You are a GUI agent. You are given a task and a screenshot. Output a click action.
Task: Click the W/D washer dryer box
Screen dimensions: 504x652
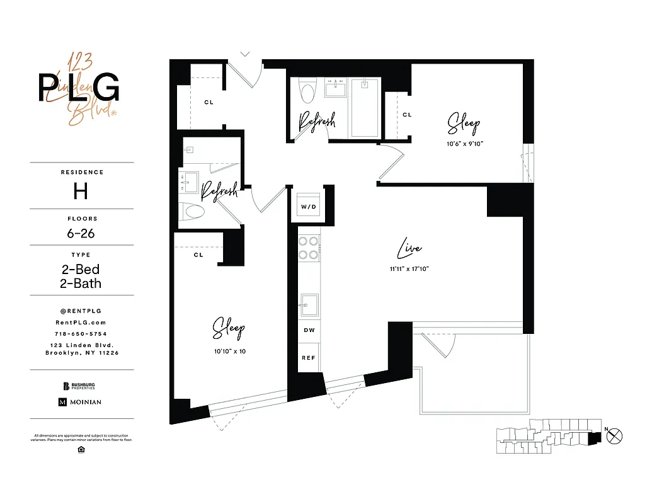point(308,206)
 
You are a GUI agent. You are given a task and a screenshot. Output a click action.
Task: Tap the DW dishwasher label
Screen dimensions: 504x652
point(308,330)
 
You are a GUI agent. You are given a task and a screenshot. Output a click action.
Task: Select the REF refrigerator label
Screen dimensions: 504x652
point(308,357)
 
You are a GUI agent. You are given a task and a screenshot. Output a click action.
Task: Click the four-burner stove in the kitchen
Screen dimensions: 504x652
point(308,248)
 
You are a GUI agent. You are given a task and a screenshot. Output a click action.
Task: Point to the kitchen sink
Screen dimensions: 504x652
point(308,306)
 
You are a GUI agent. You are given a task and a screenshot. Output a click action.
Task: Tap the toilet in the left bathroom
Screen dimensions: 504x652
point(193,210)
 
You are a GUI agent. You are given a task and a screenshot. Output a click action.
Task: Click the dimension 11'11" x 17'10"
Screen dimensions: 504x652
point(409,269)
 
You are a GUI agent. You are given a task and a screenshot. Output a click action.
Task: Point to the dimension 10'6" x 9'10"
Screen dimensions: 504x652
point(464,144)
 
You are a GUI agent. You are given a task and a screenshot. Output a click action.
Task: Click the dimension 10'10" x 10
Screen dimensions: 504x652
point(229,351)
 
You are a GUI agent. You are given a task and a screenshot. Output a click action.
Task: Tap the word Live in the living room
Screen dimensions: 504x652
point(409,249)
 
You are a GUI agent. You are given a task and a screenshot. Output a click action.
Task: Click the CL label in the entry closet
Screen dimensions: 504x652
point(208,102)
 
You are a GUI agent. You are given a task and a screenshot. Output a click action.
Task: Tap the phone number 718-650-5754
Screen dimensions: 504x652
point(81,333)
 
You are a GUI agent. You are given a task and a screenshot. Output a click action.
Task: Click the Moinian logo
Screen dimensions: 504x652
point(80,402)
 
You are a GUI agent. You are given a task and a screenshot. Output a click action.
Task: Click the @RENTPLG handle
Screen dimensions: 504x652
point(81,311)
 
